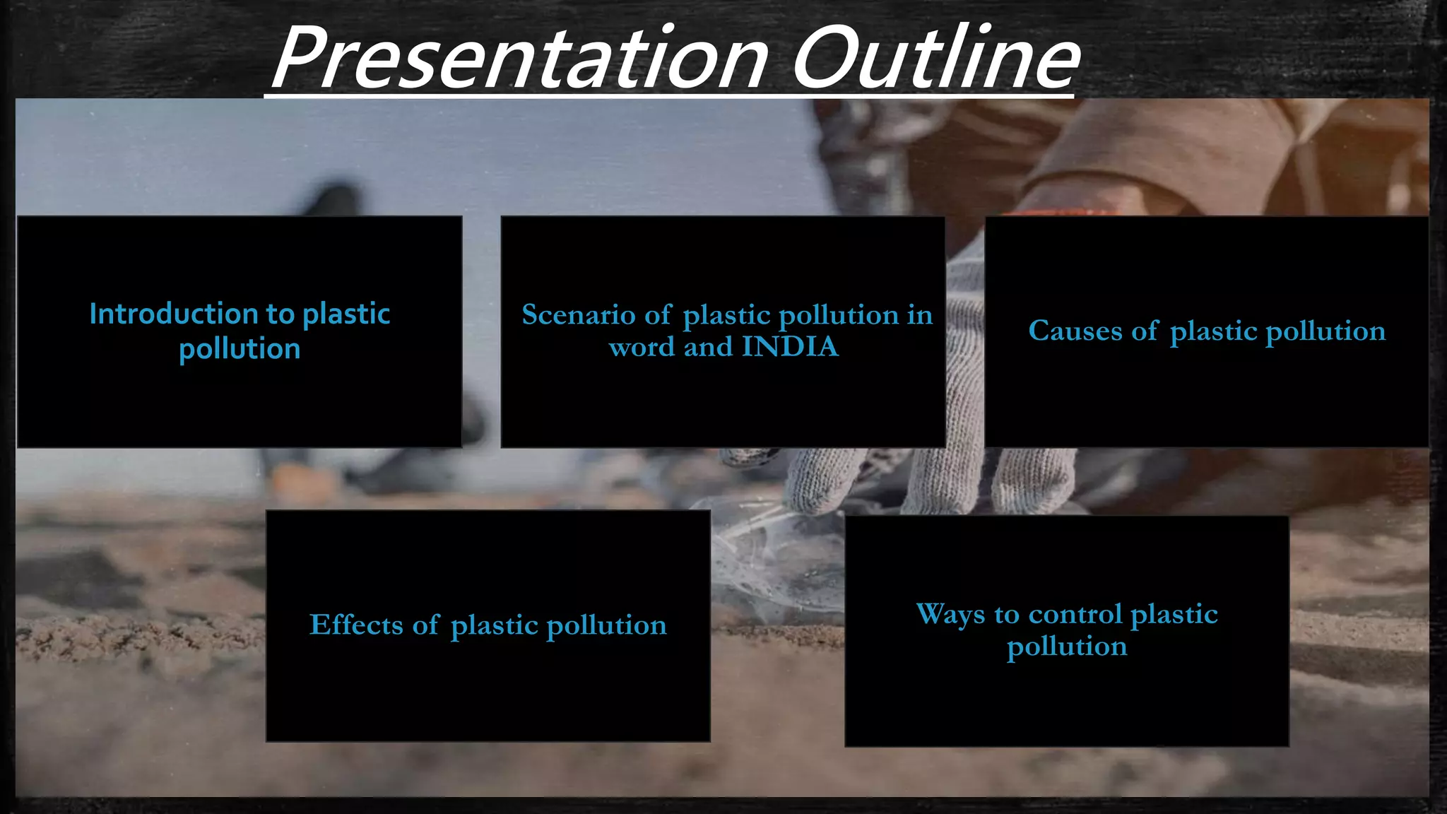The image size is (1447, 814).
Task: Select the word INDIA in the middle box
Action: (x=790, y=347)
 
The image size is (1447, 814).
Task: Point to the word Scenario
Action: (x=578, y=315)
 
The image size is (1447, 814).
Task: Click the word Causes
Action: (x=1075, y=331)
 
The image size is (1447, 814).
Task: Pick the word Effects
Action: (x=356, y=625)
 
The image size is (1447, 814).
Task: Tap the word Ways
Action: (x=950, y=613)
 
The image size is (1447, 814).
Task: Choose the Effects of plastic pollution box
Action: (x=488, y=692)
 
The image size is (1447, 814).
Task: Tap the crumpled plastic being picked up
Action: (x=777, y=558)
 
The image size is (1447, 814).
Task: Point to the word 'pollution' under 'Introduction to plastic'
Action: (x=240, y=350)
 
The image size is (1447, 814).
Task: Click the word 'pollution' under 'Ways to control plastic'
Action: (x=1066, y=647)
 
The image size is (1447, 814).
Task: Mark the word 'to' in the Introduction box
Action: (x=280, y=314)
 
